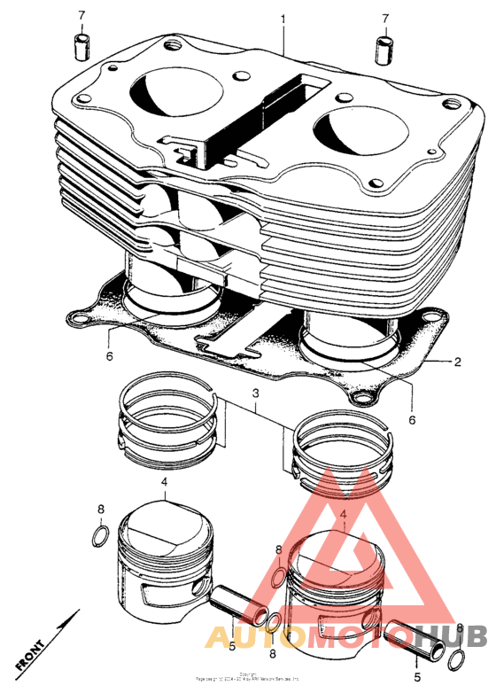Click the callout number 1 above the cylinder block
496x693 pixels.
[283, 19]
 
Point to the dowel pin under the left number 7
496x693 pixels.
[81, 44]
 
